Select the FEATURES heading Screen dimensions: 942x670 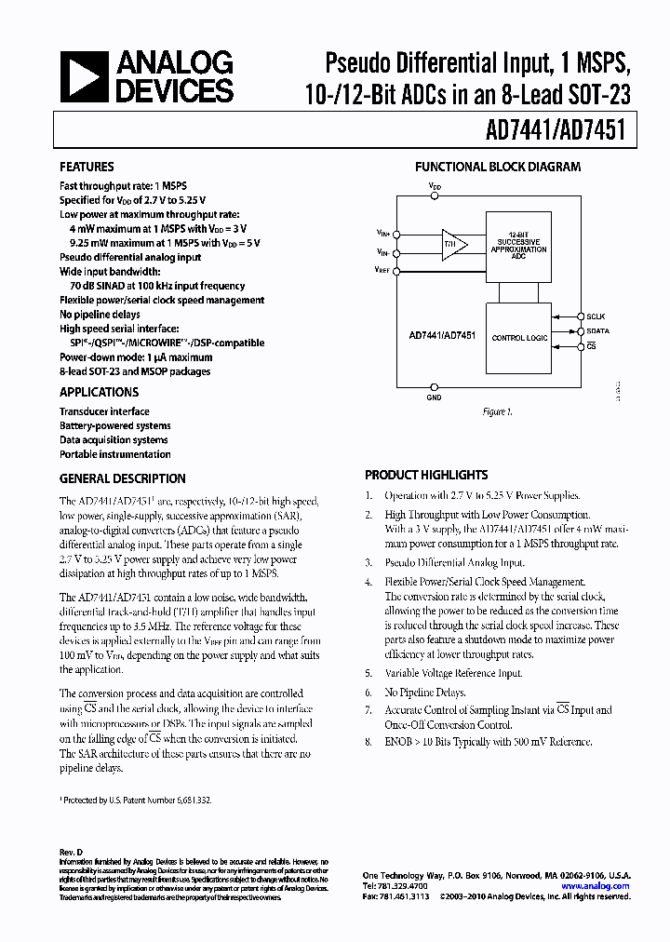pyautogui.click(x=87, y=168)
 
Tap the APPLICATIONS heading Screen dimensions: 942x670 pyautogui.click(x=100, y=393)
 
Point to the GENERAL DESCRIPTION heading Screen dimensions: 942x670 pyautogui.click(x=123, y=478)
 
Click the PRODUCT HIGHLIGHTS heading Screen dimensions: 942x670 pyautogui.click(x=426, y=475)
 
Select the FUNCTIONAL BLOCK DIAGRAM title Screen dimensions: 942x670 pyautogui.click(x=497, y=168)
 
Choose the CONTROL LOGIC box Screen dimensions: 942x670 pyautogui.click(x=519, y=338)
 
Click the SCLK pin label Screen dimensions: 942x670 pyautogui.click(x=595, y=316)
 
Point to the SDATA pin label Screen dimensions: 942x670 pyautogui.click(x=596, y=331)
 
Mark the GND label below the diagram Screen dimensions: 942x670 pyautogui.click(x=435, y=397)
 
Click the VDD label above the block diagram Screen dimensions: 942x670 pyautogui.click(x=435, y=186)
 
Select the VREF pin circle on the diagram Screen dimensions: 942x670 pyautogui.click(x=396, y=271)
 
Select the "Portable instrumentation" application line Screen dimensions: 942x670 pyautogui.click(x=115, y=454)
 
